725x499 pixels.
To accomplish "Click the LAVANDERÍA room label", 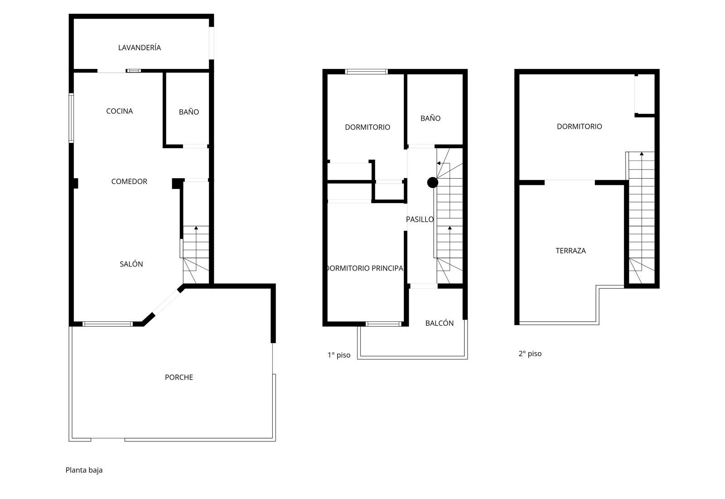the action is (x=140, y=48).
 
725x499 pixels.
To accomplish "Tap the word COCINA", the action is (x=120, y=111).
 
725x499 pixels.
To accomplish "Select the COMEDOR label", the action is (x=129, y=181).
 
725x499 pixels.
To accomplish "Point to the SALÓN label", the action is (x=131, y=264).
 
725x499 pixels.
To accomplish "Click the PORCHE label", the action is (x=179, y=377).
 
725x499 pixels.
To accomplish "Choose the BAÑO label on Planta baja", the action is (x=188, y=111).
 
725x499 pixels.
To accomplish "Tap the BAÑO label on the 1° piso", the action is (x=430, y=118).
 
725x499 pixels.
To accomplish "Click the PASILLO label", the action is (x=420, y=219).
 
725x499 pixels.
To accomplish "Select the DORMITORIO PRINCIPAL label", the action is (x=365, y=268).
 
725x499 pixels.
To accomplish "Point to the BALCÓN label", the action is (x=439, y=323).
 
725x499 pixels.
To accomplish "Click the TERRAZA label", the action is (x=570, y=251).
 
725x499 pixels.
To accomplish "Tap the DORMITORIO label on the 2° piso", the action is (x=580, y=126).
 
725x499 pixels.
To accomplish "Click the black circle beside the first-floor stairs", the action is (x=433, y=183).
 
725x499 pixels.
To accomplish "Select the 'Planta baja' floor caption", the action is (x=84, y=470).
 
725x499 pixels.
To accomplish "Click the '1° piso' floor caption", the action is (x=339, y=355).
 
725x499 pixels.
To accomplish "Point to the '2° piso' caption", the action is (x=530, y=354).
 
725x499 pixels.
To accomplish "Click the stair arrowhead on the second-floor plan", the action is (x=642, y=154).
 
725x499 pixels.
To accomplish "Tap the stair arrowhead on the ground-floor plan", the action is (x=196, y=228).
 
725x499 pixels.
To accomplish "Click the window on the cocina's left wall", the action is (x=71, y=118).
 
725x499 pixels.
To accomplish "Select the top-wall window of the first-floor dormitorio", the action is (x=367, y=72).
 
